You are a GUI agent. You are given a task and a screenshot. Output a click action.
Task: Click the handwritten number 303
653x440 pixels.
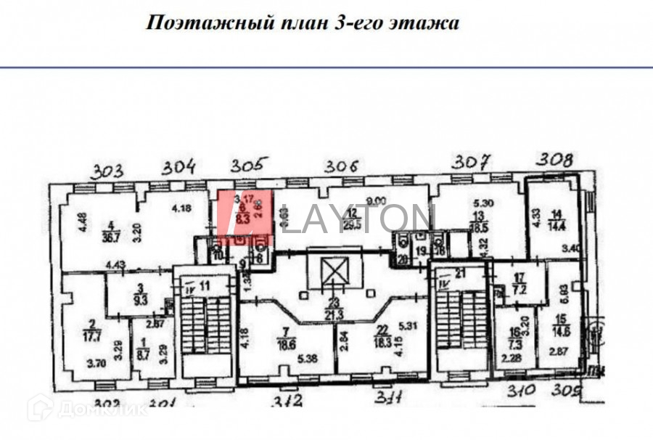(x=108, y=172)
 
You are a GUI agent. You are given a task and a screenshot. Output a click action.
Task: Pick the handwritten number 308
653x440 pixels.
(x=554, y=158)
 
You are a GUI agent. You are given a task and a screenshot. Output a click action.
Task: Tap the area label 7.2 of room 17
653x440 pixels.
(x=519, y=290)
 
